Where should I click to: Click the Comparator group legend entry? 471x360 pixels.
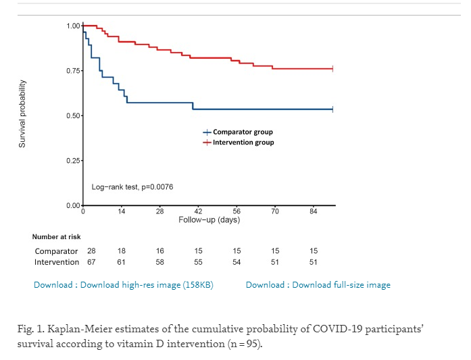click(x=243, y=132)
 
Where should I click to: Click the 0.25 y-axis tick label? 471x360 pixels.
click(x=73, y=161)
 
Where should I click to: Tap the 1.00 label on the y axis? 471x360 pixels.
click(x=73, y=26)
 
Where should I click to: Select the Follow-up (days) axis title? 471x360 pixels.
click(x=209, y=220)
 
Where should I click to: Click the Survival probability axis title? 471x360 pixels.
click(x=22, y=113)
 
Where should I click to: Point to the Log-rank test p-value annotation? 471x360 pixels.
click(x=132, y=186)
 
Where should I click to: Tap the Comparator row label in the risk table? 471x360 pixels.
click(x=57, y=251)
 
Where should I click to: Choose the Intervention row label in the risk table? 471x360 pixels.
click(x=57, y=262)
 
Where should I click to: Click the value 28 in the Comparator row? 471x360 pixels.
click(x=92, y=251)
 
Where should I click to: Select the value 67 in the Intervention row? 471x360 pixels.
click(x=92, y=262)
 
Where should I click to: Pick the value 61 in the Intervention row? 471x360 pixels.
click(x=121, y=262)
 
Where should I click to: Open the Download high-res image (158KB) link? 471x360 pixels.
click(x=124, y=285)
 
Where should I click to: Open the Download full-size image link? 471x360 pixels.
click(x=318, y=285)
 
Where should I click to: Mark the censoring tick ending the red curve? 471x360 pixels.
click(x=333, y=69)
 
